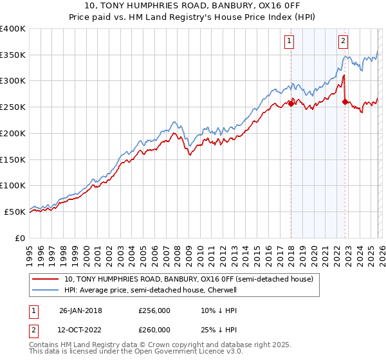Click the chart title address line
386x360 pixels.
[x=193, y=6]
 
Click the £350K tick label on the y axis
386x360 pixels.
[x=13, y=55]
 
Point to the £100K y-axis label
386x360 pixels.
[x=13, y=185]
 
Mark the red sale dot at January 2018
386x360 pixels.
[x=291, y=104]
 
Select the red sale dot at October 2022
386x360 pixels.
[x=345, y=102]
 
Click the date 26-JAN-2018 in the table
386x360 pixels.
[x=80, y=310]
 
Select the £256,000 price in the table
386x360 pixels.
[x=154, y=310]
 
